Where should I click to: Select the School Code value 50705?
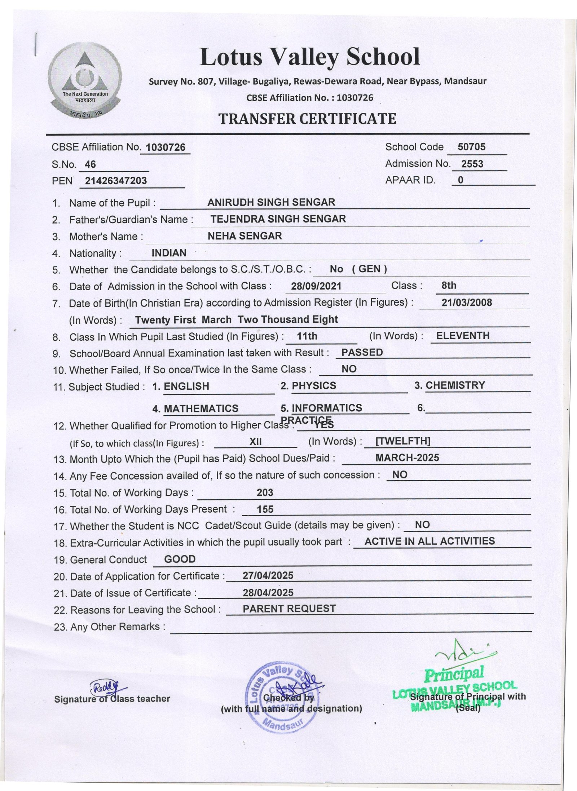tap(471, 147)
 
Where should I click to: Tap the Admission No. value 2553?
tap(472, 164)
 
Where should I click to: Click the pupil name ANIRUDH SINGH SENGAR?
tap(271, 202)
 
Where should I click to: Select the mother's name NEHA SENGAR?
tap(245, 236)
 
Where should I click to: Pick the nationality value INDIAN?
tap(169, 253)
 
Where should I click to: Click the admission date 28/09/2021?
tap(316, 286)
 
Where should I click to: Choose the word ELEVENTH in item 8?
tap(463, 336)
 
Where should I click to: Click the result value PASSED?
tap(362, 352)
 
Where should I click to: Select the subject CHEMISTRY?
tap(455, 385)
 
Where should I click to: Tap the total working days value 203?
tap(265, 492)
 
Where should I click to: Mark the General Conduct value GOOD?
tap(180, 559)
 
